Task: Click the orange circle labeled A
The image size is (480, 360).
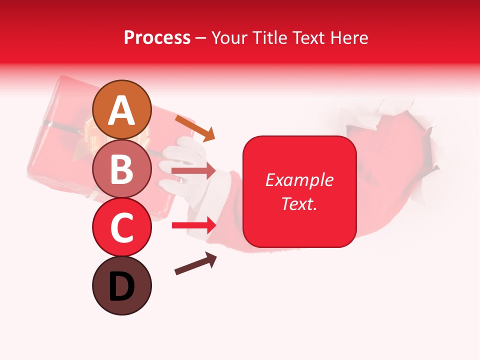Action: (x=122, y=109)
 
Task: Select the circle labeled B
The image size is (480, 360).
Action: (x=122, y=168)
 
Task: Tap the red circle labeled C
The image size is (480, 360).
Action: (x=122, y=227)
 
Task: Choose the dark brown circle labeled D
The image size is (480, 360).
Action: (x=122, y=285)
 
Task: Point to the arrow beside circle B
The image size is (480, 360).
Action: (x=193, y=171)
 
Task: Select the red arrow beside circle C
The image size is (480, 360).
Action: (x=194, y=225)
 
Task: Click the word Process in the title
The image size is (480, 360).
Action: (x=157, y=38)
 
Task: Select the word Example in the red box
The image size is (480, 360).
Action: (x=299, y=180)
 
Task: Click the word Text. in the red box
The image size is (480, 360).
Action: (x=299, y=203)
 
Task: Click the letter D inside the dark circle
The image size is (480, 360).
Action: (x=122, y=286)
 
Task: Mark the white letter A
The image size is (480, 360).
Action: (x=122, y=110)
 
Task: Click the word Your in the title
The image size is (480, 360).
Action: (x=231, y=38)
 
